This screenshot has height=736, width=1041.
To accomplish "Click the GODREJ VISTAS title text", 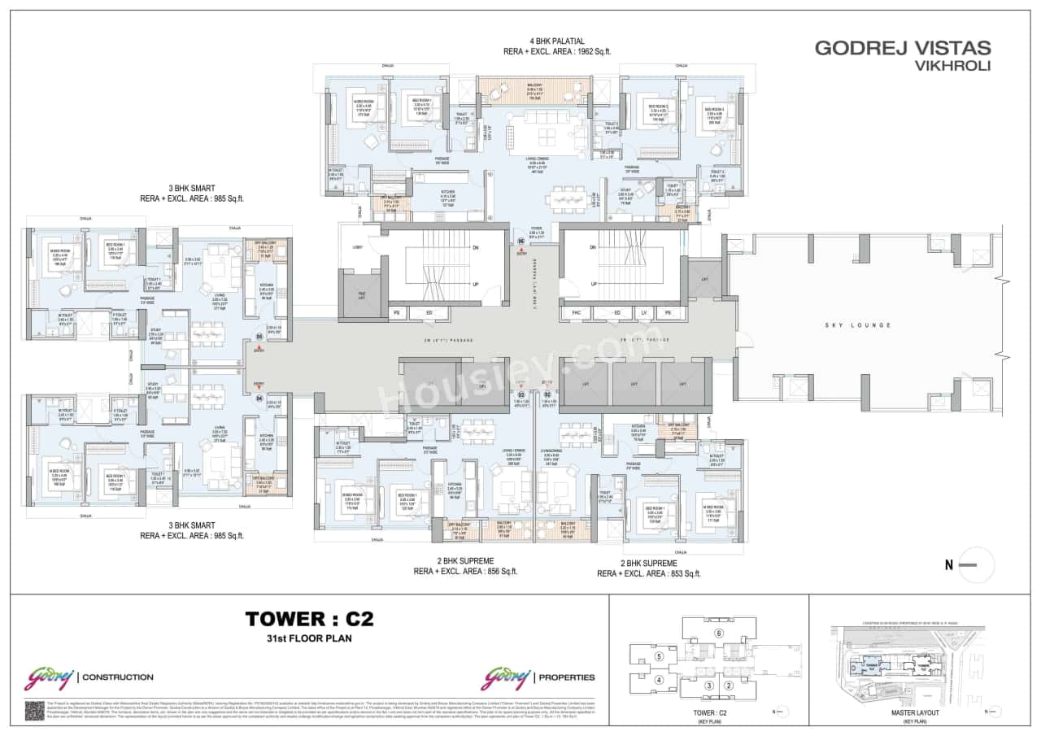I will click(x=902, y=48).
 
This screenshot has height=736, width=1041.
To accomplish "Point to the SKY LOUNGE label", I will click(x=861, y=325).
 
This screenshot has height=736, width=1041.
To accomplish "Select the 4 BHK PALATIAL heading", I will click(x=556, y=41).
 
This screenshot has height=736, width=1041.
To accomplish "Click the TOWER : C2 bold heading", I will click(x=309, y=620).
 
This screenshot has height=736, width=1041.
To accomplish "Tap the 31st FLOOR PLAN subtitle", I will click(x=309, y=640).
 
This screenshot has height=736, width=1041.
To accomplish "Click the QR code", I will click(x=34, y=710).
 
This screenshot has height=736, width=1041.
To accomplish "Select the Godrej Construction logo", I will click(x=89, y=677).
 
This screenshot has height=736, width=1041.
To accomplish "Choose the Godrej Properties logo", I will click(x=538, y=677).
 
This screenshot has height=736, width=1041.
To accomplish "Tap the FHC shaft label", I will click(x=576, y=312).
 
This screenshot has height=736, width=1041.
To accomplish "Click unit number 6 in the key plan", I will click(x=718, y=634).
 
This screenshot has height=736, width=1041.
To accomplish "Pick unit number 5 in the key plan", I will click(x=660, y=655).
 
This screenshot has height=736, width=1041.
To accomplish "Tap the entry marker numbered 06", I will click(x=521, y=242).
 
